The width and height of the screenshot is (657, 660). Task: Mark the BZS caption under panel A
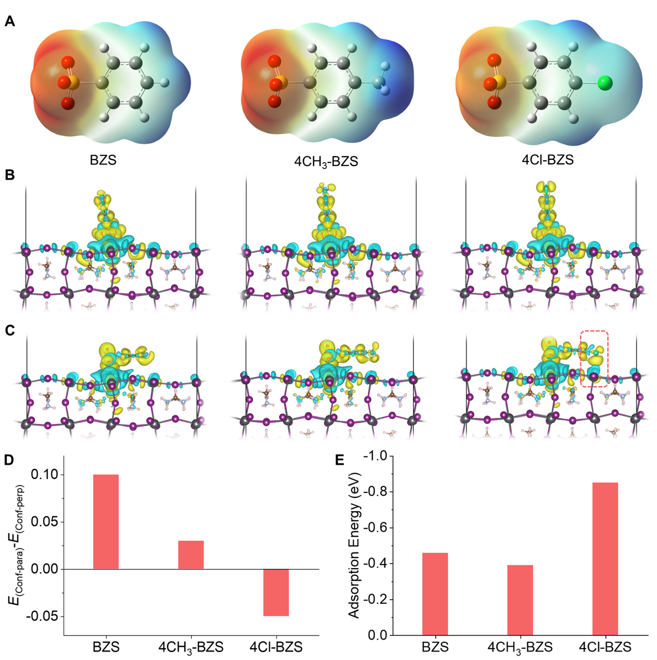(103, 160)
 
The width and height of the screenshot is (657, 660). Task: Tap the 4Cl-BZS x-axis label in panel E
(605, 647)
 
